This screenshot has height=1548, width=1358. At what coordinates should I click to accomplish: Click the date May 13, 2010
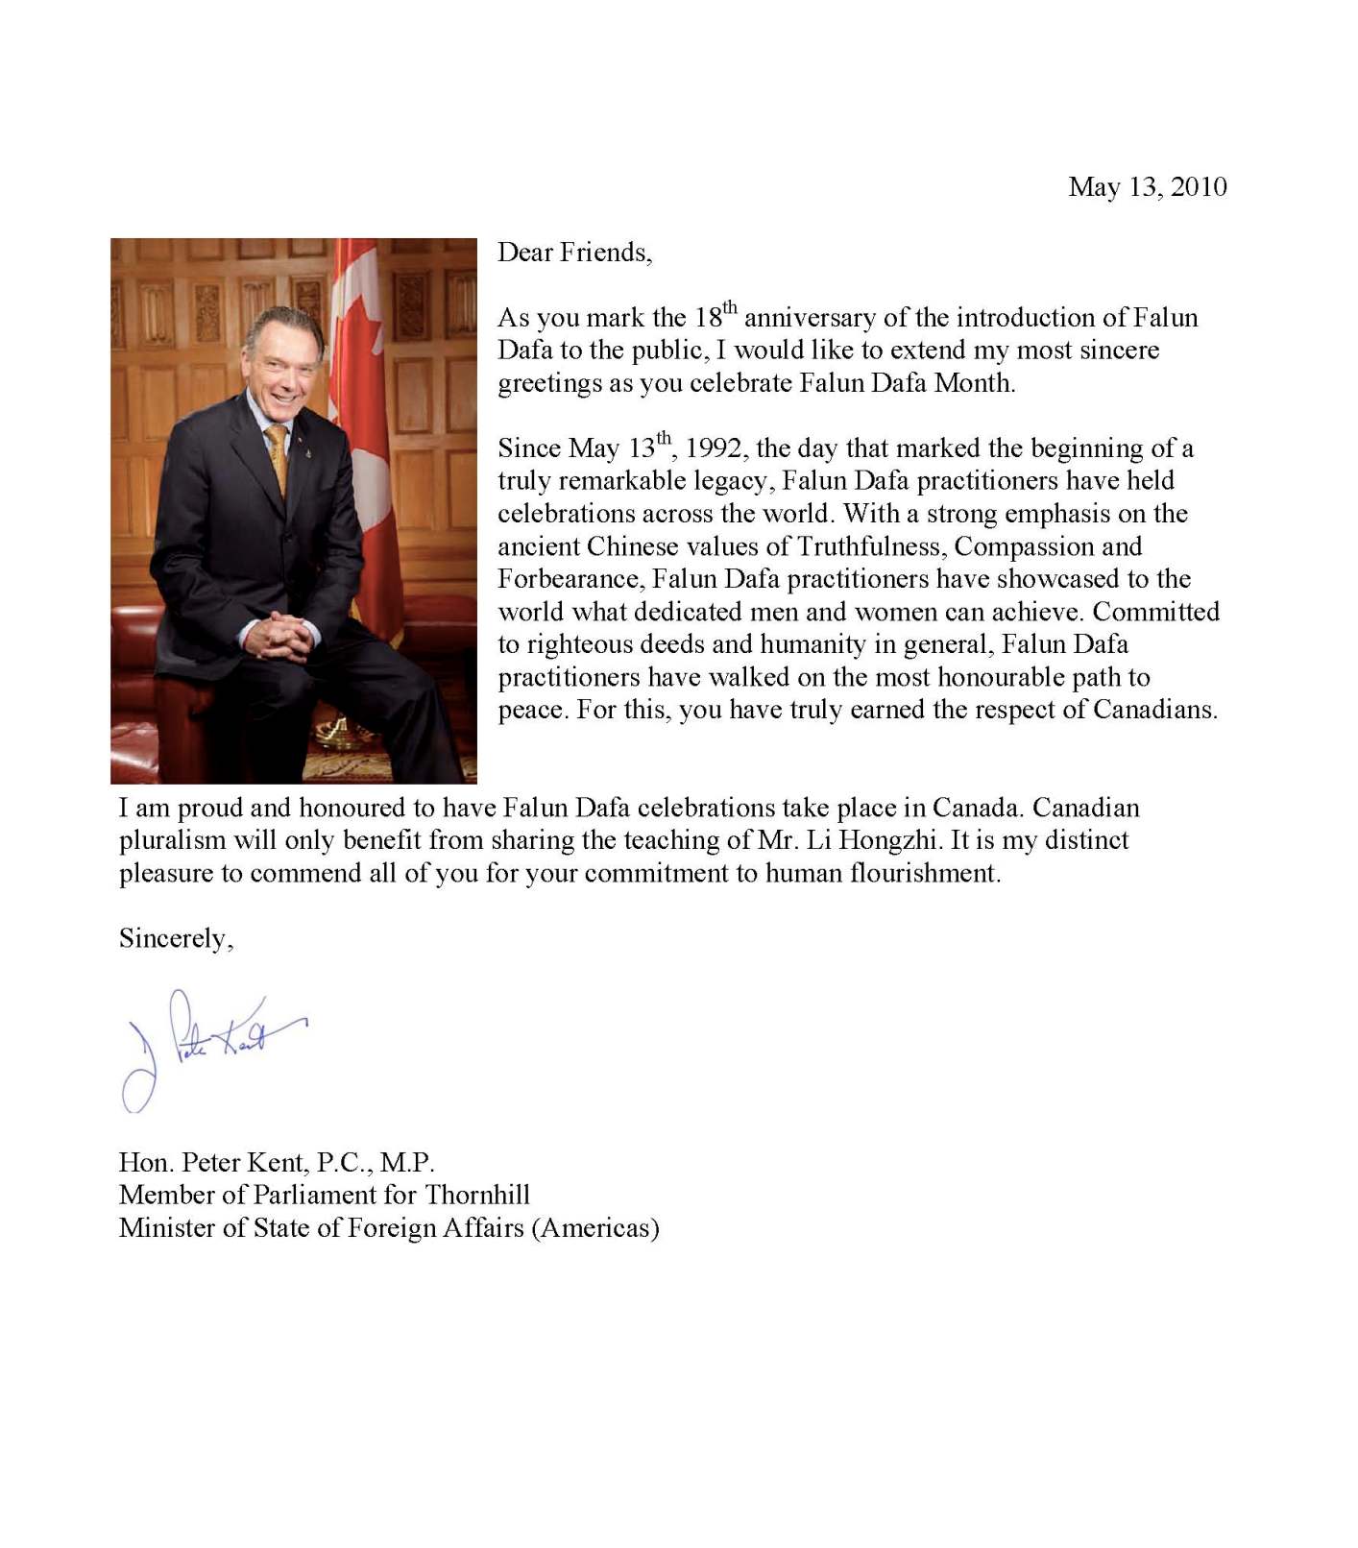pyautogui.click(x=1147, y=187)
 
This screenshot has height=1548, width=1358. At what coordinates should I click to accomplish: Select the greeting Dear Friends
pyautogui.click(x=573, y=253)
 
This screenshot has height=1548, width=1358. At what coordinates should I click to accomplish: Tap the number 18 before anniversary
pyautogui.click(x=708, y=318)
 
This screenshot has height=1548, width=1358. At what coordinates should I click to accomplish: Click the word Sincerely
pyautogui.click(x=173, y=938)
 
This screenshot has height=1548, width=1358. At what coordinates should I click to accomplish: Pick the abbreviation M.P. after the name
pyautogui.click(x=407, y=1163)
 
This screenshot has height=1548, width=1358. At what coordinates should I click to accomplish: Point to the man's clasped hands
pyautogui.click(x=279, y=634)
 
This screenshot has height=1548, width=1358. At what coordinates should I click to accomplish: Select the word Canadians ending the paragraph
pyautogui.click(x=1148, y=710)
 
